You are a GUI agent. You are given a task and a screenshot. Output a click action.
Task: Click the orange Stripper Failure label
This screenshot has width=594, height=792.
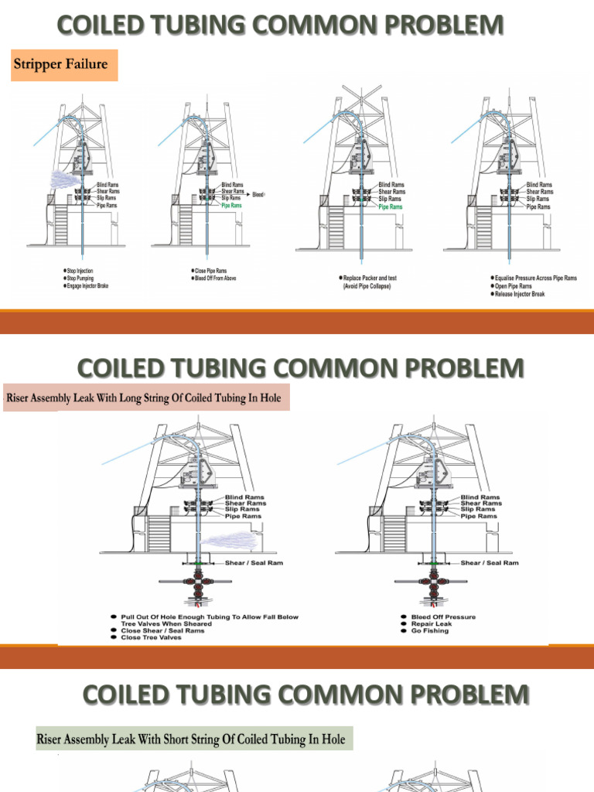60,65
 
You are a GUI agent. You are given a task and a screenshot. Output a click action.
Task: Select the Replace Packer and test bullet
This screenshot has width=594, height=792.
374,278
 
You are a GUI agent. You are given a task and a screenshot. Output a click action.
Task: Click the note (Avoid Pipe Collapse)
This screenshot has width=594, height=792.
370,286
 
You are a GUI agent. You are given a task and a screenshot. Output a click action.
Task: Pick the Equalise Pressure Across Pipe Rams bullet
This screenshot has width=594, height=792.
536,278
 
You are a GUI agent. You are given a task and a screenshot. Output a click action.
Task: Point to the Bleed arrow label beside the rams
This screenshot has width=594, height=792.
257,195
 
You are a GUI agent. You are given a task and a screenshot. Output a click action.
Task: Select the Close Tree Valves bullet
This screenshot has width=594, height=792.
152,637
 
